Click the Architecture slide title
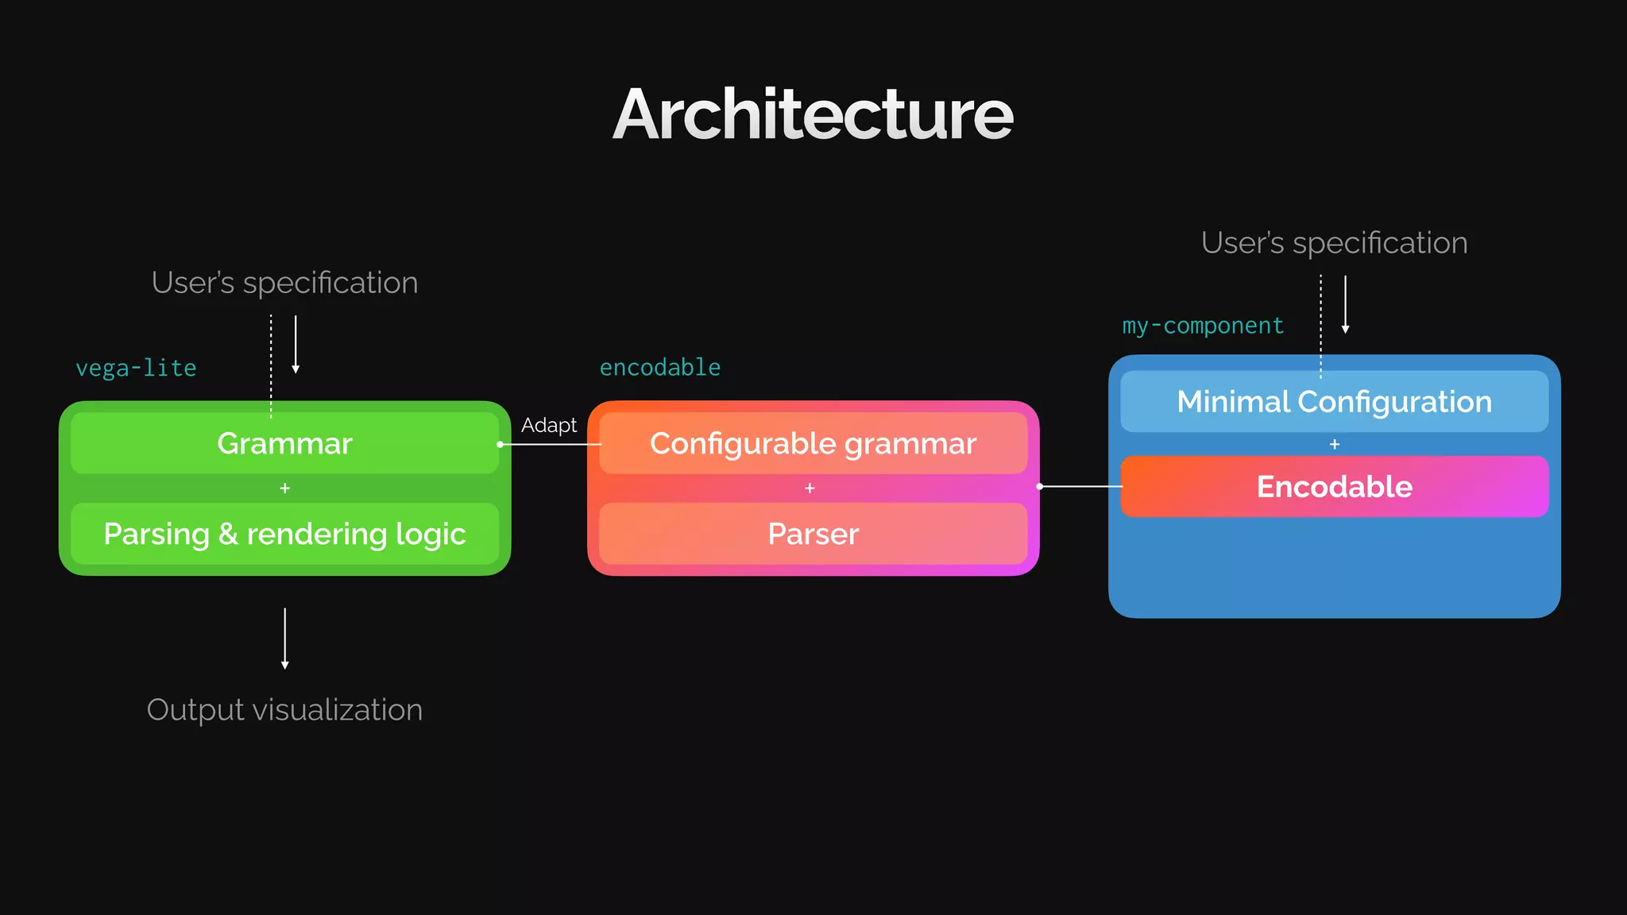pos(813,115)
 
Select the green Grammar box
pos(284,443)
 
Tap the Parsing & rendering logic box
pos(284,534)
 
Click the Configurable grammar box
pos(813,443)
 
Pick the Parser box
pos(813,534)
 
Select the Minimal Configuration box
pos(1334,402)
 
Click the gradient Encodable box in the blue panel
pos(1334,486)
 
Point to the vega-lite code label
pos(136,368)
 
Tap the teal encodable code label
pos(659,367)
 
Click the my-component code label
pos(1203,326)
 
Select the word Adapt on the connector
pos(549,425)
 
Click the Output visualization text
pos(284,709)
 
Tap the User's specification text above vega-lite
pos(284,283)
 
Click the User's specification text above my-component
pos(1334,243)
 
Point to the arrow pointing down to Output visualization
pos(284,639)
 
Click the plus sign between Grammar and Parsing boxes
pos(284,488)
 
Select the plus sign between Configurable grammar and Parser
pos(810,488)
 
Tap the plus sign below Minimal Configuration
pos(1335,445)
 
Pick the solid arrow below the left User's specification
pos(296,344)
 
